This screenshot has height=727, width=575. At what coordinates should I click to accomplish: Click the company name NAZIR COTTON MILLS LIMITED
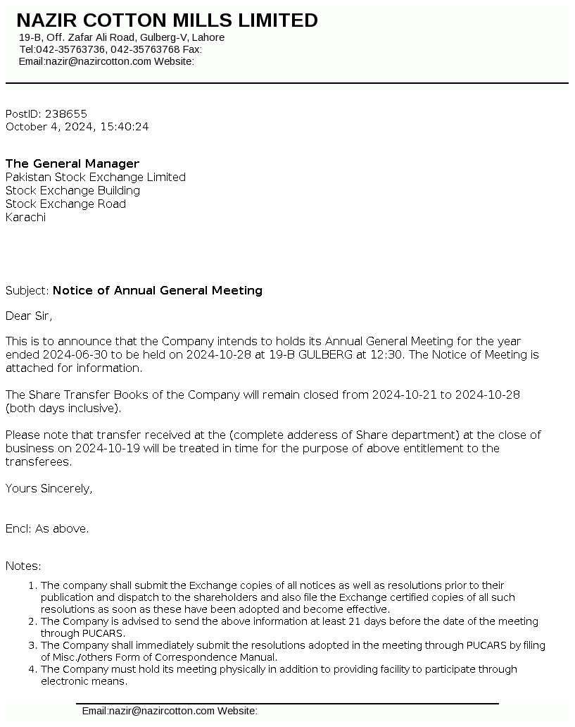167,20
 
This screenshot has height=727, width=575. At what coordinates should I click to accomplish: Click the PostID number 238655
66,113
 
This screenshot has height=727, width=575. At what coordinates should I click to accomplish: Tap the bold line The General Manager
72,163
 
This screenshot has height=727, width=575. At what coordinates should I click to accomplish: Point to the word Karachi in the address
25,217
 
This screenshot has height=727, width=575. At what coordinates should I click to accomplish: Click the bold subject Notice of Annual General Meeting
158,290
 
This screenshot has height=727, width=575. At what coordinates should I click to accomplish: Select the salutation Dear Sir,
29,316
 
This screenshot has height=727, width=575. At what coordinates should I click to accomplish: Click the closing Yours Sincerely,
49,488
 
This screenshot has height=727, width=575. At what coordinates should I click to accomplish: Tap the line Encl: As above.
47,528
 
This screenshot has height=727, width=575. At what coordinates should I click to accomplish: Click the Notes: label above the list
23,566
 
